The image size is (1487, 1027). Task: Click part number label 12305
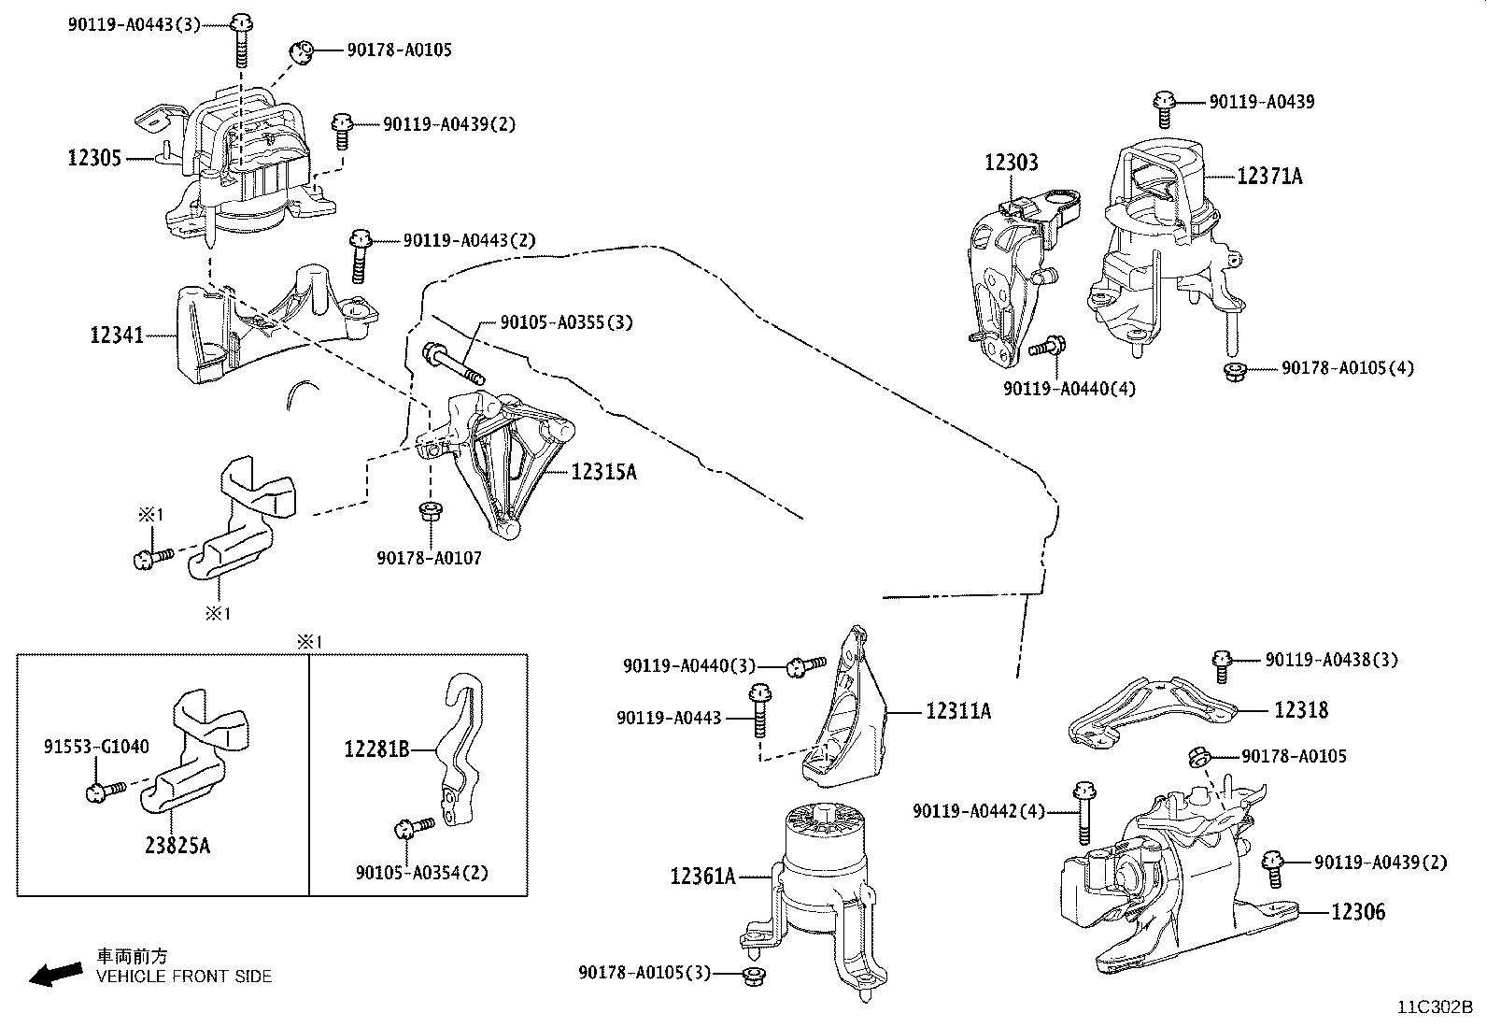(94, 158)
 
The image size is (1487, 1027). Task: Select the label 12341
(117, 334)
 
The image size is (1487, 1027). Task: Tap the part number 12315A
(603, 472)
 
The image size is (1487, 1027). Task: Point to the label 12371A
(1269, 176)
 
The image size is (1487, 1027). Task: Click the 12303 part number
(1011, 163)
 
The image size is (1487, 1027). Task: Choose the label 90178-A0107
(429, 558)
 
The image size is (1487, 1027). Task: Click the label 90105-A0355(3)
(566, 322)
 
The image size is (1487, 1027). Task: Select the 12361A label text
(702, 877)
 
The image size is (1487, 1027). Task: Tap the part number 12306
(1358, 911)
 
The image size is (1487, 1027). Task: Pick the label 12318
(1301, 710)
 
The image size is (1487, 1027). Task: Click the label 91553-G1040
(96, 747)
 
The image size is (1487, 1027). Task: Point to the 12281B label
(376, 749)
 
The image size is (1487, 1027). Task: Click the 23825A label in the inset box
(177, 846)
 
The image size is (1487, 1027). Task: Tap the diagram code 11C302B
(1435, 1007)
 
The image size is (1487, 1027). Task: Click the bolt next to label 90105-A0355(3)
(452, 364)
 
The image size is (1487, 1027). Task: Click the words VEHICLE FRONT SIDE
(184, 977)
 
